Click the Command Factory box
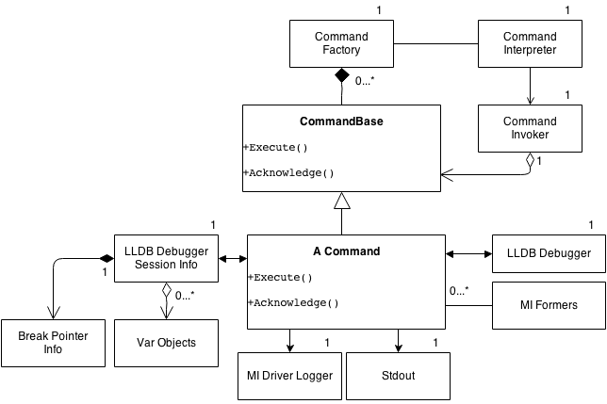point(341,43)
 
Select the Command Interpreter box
point(530,43)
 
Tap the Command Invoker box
point(530,128)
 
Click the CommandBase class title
point(341,121)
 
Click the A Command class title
point(346,251)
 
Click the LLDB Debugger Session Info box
point(167,258)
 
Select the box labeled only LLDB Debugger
point(549,253)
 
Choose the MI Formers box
point(549,305)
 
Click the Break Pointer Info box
point(53,343)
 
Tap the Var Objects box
point(167,343)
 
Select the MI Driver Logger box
point(289,376)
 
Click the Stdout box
point(398,376)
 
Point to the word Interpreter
point(530,50)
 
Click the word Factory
point(341,50)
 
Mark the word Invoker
point(530,135)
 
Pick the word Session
point(151,265)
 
